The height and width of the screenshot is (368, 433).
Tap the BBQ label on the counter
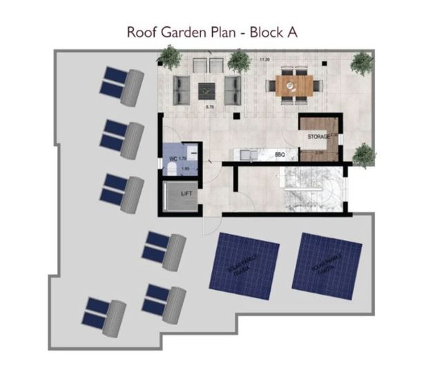pos(280,155)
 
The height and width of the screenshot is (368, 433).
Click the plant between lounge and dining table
pos(239,62)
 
